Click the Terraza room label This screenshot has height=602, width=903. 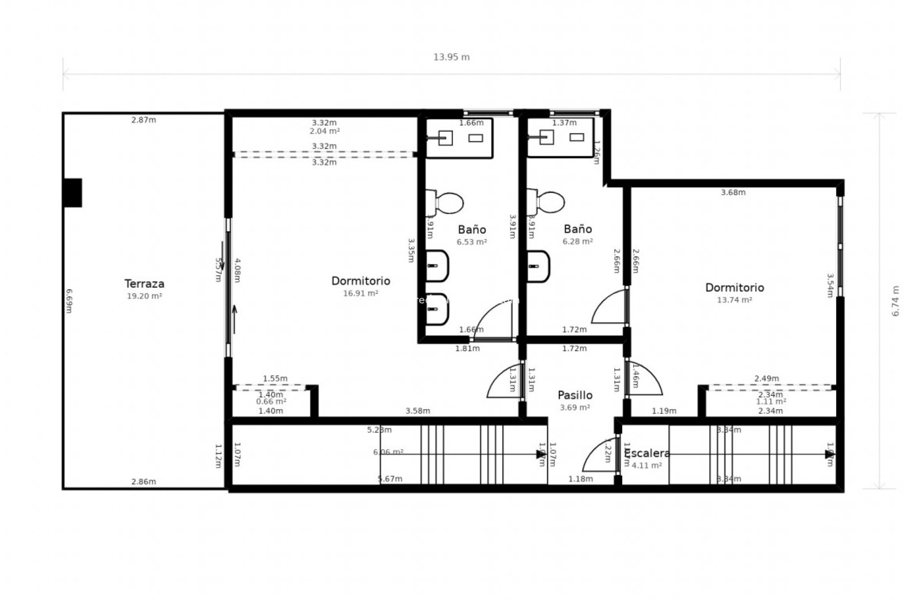(x=144, y=284)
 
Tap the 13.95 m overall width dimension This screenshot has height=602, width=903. (x=451, y=57)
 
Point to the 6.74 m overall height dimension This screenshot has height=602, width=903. (x=895, y=301)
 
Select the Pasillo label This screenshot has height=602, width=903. (x=575, y=395)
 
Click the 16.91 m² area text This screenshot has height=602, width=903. (x=361, y=293)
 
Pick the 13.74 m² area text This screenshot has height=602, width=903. (x=734, y=300)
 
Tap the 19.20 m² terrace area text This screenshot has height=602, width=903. (x=144, y=296)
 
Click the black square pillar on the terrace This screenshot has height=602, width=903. (x=73, y=192)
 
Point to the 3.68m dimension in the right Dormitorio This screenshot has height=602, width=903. (x=733, y=192)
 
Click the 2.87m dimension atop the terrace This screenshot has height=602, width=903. (x=143, y=120)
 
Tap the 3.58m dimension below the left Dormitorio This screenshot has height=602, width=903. (x=418, y=411)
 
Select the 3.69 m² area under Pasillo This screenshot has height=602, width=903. (x=575, y=408)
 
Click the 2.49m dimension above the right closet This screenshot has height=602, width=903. (x=767, y=379)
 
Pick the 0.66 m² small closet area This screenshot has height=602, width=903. (x=271, y=402)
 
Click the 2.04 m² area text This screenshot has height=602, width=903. (x=325, y=131)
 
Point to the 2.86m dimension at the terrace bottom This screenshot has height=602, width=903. (x=143, y=482)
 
